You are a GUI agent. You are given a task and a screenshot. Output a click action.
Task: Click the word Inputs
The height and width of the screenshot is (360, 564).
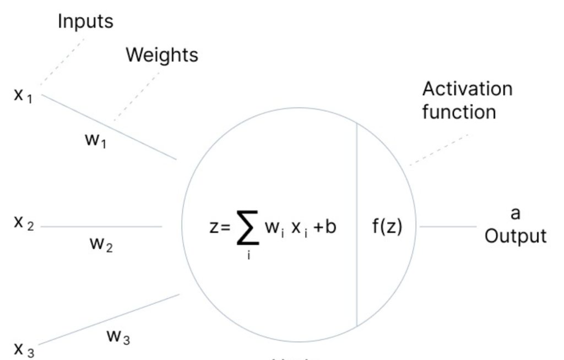click(85, 21)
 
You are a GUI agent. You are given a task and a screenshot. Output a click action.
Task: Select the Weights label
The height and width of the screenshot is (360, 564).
click(162, 55)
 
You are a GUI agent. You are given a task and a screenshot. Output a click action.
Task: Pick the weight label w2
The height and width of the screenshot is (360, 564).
click(101, 244)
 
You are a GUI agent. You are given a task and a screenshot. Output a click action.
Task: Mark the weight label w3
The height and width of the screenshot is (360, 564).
click(118, 337)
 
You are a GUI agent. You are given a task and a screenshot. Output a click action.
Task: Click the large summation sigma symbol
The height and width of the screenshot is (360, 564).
click(247, 227)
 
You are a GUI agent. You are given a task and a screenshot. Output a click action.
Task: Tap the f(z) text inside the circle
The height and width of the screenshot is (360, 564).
click(387, 226)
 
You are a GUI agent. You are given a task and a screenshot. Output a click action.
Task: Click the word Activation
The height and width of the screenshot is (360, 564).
click(467, 89)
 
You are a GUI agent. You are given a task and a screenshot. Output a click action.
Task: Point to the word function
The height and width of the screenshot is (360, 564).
click(459, 112)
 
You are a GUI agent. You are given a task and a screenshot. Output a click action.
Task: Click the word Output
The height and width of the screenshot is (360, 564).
click(516, 236)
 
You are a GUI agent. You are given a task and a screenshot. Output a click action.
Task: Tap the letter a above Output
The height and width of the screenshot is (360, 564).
click(516, 214)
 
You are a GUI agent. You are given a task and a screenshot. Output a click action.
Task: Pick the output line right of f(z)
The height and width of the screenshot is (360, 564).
click(447, 226)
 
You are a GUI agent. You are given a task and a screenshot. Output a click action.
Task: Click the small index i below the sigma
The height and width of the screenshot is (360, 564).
click(248, 257)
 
